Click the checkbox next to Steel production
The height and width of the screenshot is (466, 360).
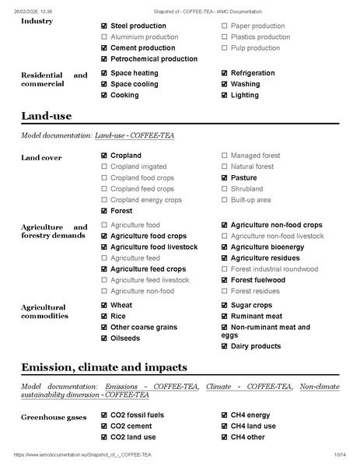[x=104, y=26]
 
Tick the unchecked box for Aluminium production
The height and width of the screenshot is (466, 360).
[x=104, y=37]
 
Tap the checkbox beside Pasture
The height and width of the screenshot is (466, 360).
[x=225, y=178]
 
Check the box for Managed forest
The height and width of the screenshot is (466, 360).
[x=225, y=156]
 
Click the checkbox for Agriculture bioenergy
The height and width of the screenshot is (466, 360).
[x=225, y=247]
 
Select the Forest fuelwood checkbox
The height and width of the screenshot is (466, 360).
[x=225, y=280]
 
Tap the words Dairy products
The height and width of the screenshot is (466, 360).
[x=256, y=346]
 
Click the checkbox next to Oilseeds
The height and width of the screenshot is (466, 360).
[x=104, y=338]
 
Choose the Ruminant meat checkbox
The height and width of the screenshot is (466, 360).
[x=225, y=317]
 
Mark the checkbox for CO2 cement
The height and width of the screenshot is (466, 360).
[x=104, y=426]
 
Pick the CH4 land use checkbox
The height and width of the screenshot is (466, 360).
[x=225, y=426]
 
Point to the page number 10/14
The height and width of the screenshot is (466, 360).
[x=339, y=454]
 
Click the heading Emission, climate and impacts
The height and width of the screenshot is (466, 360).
[x=103, y=367]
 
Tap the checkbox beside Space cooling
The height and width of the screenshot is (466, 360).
[x=104, y=84]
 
